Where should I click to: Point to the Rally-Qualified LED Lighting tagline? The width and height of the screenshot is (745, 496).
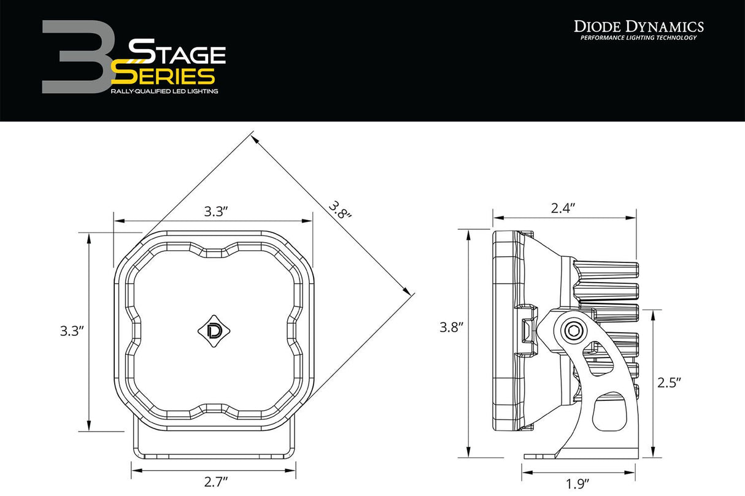[164, 91]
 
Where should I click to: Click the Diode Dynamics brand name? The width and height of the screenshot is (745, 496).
[638, 26]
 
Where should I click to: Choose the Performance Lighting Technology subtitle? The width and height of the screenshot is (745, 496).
[638, 38]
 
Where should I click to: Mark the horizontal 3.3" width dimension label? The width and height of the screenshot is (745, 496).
[216, 212]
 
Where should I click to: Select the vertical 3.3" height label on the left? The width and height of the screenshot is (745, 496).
[72, 331]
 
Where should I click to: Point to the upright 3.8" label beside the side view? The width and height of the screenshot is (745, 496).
[450, 327]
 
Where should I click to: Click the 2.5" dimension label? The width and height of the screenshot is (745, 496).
[670, 383]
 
